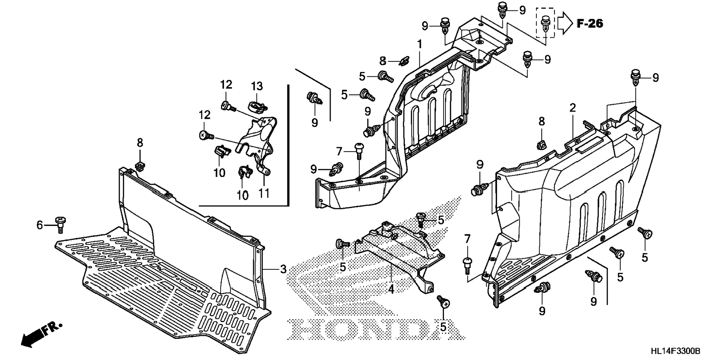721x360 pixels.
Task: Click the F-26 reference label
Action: click(589, 23)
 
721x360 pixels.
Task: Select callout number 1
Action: click(420, 44)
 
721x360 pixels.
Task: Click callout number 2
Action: click(573, 108)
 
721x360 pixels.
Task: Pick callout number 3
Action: click(283, 269)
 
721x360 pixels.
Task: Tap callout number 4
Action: click(391, 289)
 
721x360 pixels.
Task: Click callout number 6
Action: click(40, 225)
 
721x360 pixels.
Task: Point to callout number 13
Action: click(256, 86)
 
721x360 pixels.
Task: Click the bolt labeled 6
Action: click(60, 224)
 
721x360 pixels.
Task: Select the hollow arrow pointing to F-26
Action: click(565, 23)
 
